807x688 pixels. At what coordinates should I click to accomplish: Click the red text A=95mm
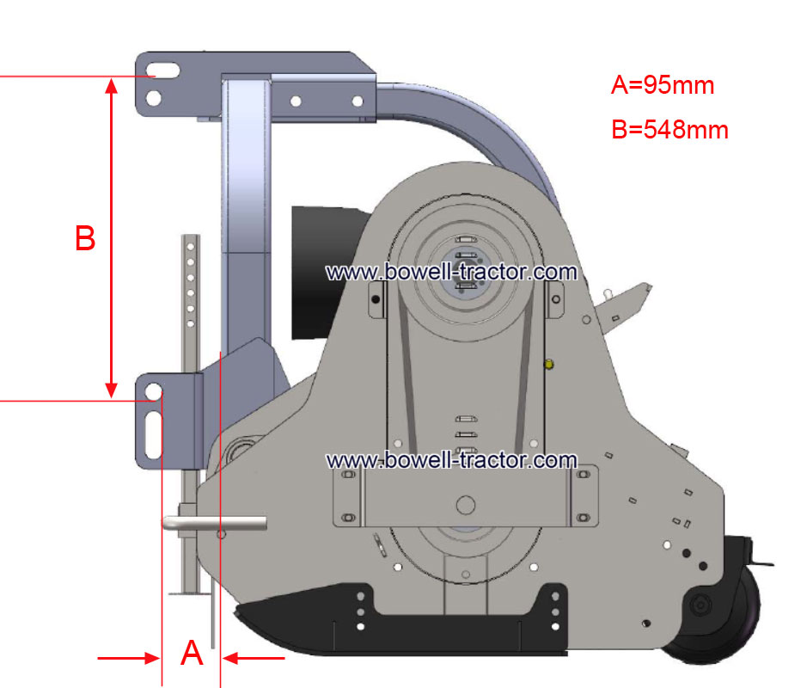tap(663, 85)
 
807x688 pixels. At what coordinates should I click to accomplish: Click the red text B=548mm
tap(669, 129)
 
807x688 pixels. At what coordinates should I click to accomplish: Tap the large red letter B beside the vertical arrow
tap(85, 238)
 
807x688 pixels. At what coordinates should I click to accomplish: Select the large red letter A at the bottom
tap(192, 653)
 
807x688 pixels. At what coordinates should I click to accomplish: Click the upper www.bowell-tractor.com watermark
tap(451, 272)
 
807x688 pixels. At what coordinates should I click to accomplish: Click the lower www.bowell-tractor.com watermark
tap(451, 460)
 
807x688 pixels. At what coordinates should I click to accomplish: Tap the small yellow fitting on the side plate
tap(548, 365)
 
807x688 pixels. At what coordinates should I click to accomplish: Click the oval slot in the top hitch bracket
tap(163, 71)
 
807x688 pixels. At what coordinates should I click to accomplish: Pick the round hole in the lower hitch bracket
tap(153, 391)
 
